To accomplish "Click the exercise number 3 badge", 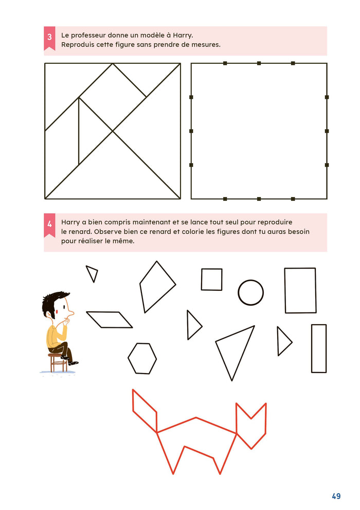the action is (49, 38).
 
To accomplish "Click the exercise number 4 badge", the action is (49, 225).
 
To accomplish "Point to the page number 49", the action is (336, 496).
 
